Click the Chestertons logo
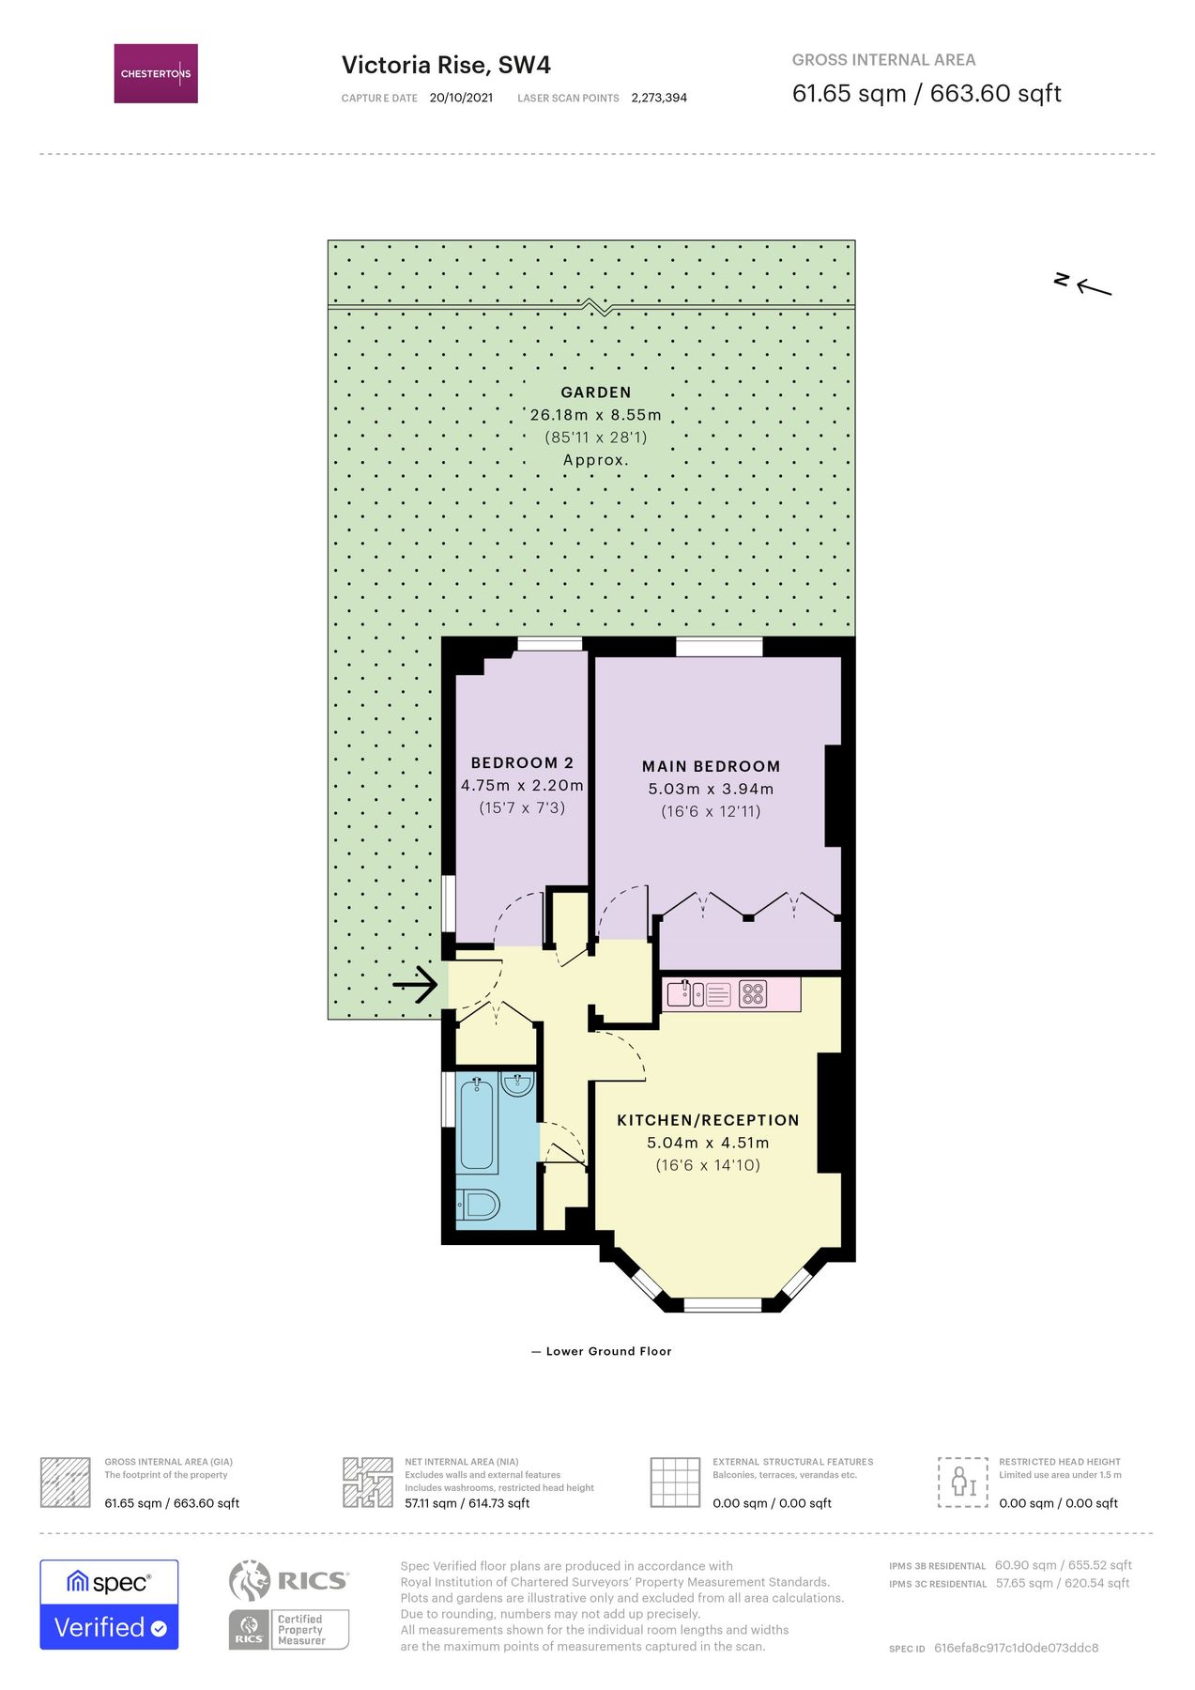click(x=156, y=73)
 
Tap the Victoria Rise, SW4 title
click(x=446, y=65)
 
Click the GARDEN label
click(x=595, y=392)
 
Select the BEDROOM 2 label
click(x=522, y=763)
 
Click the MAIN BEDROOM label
click(x=711, y=766)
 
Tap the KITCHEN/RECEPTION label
click(x=708, y=1120)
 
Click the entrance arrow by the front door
click(x=415, y=985)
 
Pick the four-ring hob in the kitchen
click(x=753, y=993)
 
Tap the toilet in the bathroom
click(x=479, y=1204)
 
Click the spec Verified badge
click(x=109, y=1604)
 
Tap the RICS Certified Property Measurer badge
click(x=289, y=1604)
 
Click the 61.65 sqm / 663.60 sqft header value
click(x=927, y=93)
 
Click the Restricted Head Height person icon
click(x=963, y=1483)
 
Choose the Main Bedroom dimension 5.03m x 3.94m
click(x=711, y=789)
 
